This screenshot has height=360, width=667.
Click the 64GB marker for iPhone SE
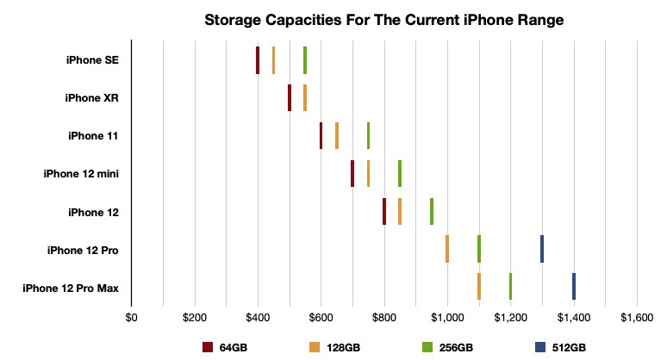258,60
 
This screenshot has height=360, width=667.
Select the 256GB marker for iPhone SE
305,60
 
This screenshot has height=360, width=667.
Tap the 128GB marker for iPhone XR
305,97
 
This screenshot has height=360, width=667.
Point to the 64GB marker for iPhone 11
321,135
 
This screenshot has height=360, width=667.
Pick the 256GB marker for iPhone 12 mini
400,173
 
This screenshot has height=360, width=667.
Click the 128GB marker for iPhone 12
400,211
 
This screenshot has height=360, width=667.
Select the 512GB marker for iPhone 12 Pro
542,248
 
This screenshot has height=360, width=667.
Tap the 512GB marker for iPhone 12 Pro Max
574,286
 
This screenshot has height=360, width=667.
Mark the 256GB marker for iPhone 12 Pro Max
510,286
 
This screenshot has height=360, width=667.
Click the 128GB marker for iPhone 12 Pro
447,248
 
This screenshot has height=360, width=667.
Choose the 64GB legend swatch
208,347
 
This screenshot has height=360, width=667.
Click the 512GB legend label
569,347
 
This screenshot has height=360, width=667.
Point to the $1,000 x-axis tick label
446,317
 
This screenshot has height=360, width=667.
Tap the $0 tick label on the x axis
131,317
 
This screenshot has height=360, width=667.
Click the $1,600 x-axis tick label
637,317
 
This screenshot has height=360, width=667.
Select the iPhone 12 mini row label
81,174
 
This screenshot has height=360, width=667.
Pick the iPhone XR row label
91,98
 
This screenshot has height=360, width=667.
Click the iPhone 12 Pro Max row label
71,287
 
